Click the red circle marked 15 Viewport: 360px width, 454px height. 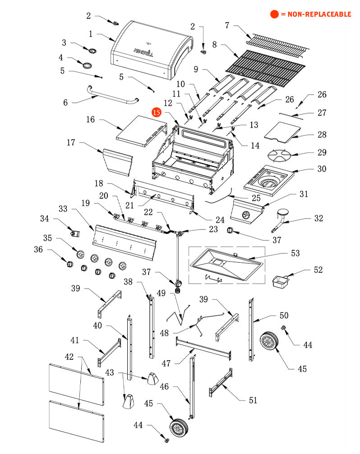(157, 112)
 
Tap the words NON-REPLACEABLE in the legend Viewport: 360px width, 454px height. (319, 14)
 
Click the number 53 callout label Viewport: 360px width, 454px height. (295, 253)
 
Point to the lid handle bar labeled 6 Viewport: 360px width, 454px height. (112, 97)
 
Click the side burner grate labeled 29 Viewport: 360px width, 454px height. (280, 156)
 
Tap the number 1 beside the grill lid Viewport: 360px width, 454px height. (91, 34)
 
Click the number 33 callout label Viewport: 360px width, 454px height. (63, 209)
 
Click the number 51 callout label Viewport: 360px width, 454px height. (253, 400)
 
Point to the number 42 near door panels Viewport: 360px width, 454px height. (69, 357)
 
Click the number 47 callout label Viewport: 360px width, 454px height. (166, 363)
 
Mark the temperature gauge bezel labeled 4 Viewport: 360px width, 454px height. (87, 65)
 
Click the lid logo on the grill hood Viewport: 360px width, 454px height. (143, 52)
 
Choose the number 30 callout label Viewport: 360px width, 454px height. (322, 169)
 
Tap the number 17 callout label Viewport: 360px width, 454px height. (71, 142)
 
